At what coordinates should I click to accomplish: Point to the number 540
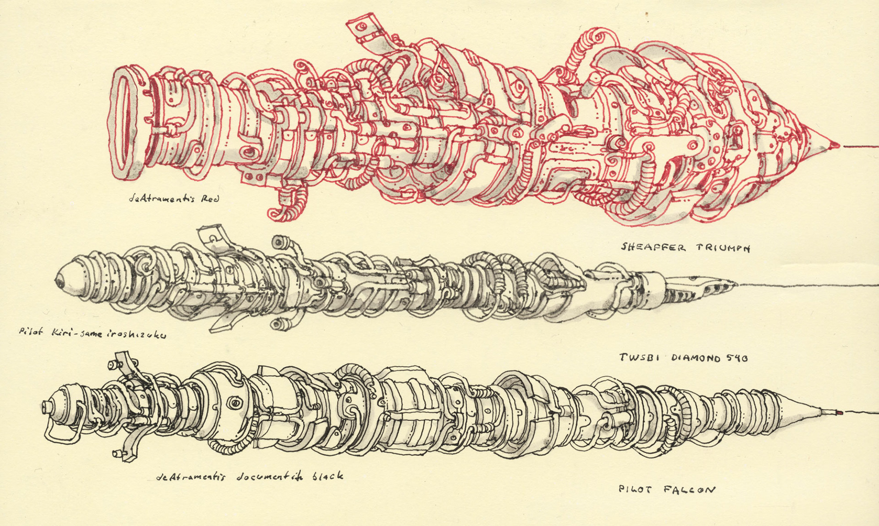(736, 358)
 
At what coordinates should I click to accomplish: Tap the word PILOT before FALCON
(635, 489)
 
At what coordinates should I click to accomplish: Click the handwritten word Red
(210, 199)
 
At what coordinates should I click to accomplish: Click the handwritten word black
(327, 476)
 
